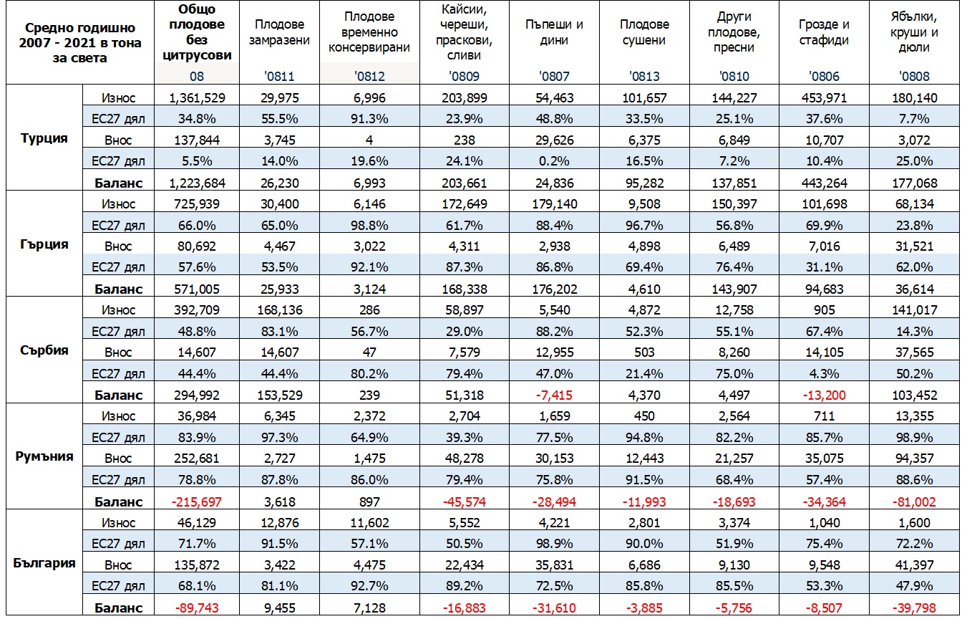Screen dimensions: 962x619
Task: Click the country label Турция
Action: (x=44, y=138)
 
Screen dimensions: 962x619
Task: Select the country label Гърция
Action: (x=44, y=244)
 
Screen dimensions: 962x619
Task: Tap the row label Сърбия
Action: (x=44, y=350)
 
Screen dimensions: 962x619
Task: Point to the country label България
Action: (x=44, y=562)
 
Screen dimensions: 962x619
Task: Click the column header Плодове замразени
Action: (x=279, y=32)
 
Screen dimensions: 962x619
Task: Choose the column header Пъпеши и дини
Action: (x=554, y=32)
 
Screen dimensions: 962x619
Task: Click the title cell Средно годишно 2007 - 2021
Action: (x=80, y=42)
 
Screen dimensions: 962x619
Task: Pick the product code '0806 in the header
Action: (x=824, y=77)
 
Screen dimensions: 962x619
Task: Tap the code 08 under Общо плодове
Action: (x=197, y=77)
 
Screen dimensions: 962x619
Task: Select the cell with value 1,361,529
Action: (x=197, y=98)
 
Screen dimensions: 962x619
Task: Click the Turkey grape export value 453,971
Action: (x=824, y=98)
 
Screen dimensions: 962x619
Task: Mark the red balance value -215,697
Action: (x=197, y=502)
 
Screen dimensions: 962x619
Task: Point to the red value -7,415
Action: (x=554, y=395)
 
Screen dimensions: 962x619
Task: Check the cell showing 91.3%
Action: (x=369, y=119)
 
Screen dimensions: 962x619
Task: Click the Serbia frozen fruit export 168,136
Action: (x=280, y=310)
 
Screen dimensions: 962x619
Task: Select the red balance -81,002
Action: (x=914, y=502)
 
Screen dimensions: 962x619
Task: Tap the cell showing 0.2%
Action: (x=554, y=161)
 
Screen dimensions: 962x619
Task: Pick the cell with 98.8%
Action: (x=369, y=225)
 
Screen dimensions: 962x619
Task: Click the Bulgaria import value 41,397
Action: (x=914, y=565)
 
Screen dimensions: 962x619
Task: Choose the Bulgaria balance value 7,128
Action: (x=369, y=608)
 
